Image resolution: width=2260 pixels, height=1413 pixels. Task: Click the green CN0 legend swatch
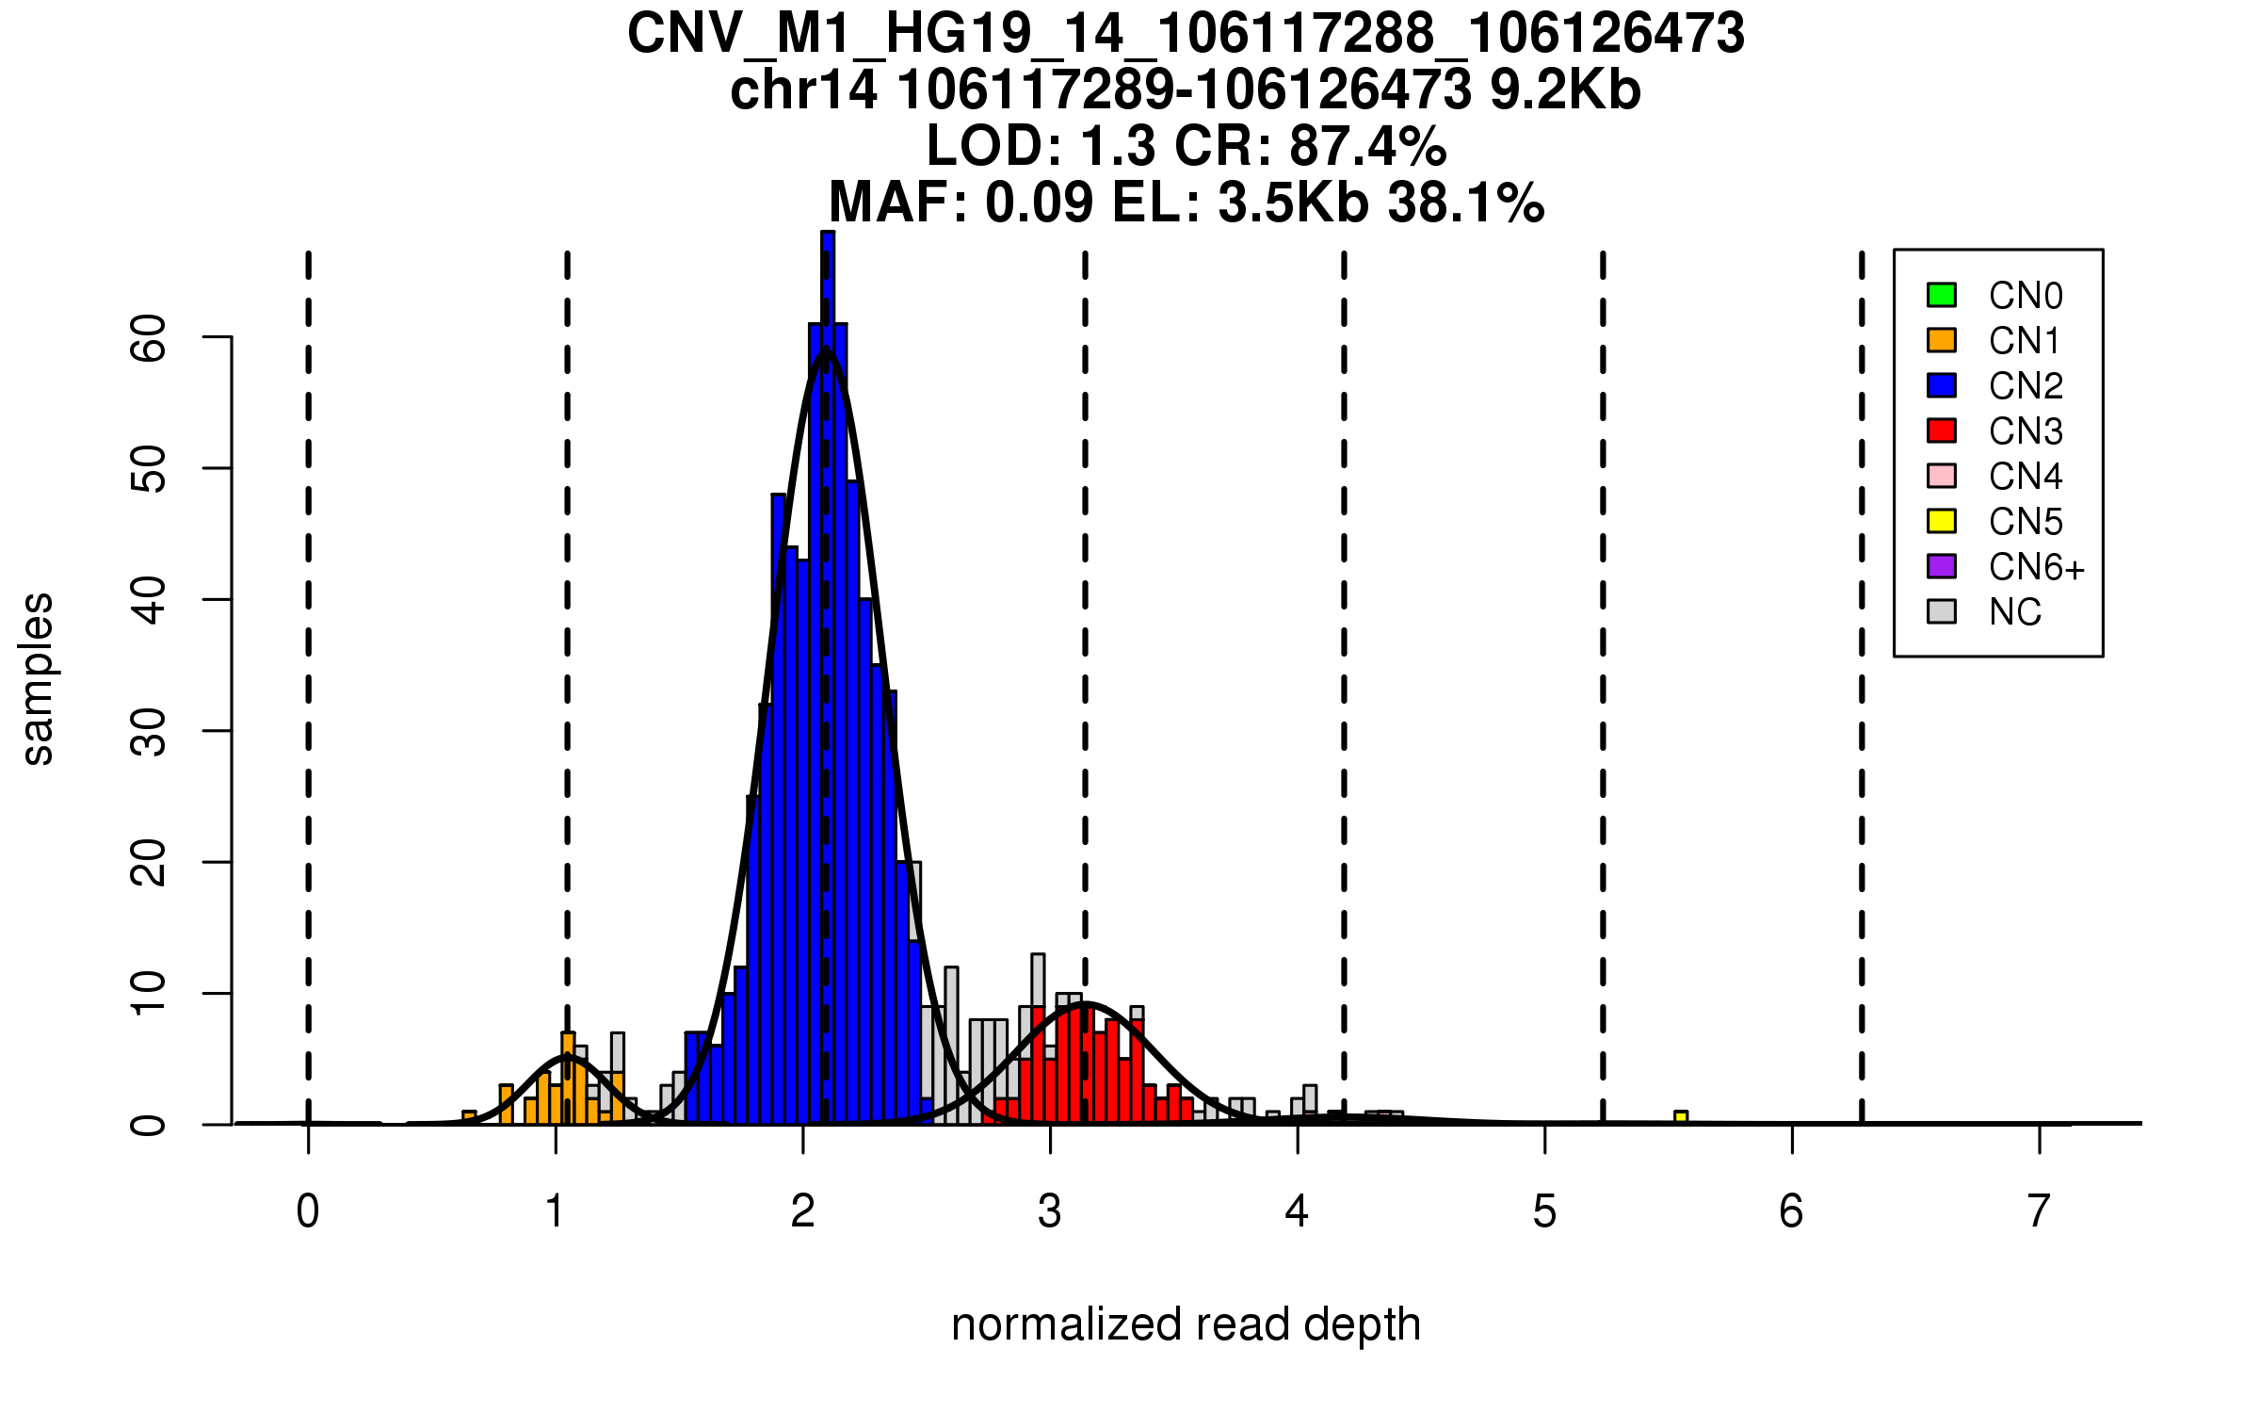(1942, 295)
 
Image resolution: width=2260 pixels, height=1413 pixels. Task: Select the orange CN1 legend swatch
(1942, 340)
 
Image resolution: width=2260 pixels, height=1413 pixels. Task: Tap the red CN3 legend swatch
(1942, 430)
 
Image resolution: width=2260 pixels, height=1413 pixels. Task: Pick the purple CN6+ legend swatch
(1942, 566)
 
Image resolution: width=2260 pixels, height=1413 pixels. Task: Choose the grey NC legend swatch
(1942, 611)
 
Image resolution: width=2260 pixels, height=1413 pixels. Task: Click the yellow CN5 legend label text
(2026, 521)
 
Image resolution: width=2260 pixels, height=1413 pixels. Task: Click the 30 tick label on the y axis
(149, 731)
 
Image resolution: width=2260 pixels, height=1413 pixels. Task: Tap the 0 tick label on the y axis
(149, 1125)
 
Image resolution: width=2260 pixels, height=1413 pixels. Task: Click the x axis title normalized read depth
(1186, 1324)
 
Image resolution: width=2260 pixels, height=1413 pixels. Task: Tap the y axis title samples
(38, 678)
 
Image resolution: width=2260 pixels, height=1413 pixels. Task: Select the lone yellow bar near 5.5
(1681, 1117)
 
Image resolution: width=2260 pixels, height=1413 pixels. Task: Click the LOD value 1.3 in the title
(1117, 146)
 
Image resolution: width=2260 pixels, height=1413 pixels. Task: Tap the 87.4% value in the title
(1367, 146)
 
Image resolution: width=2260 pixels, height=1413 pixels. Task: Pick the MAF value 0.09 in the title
(1040, 203)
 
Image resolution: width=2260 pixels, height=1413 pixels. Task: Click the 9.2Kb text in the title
(1565, 90)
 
